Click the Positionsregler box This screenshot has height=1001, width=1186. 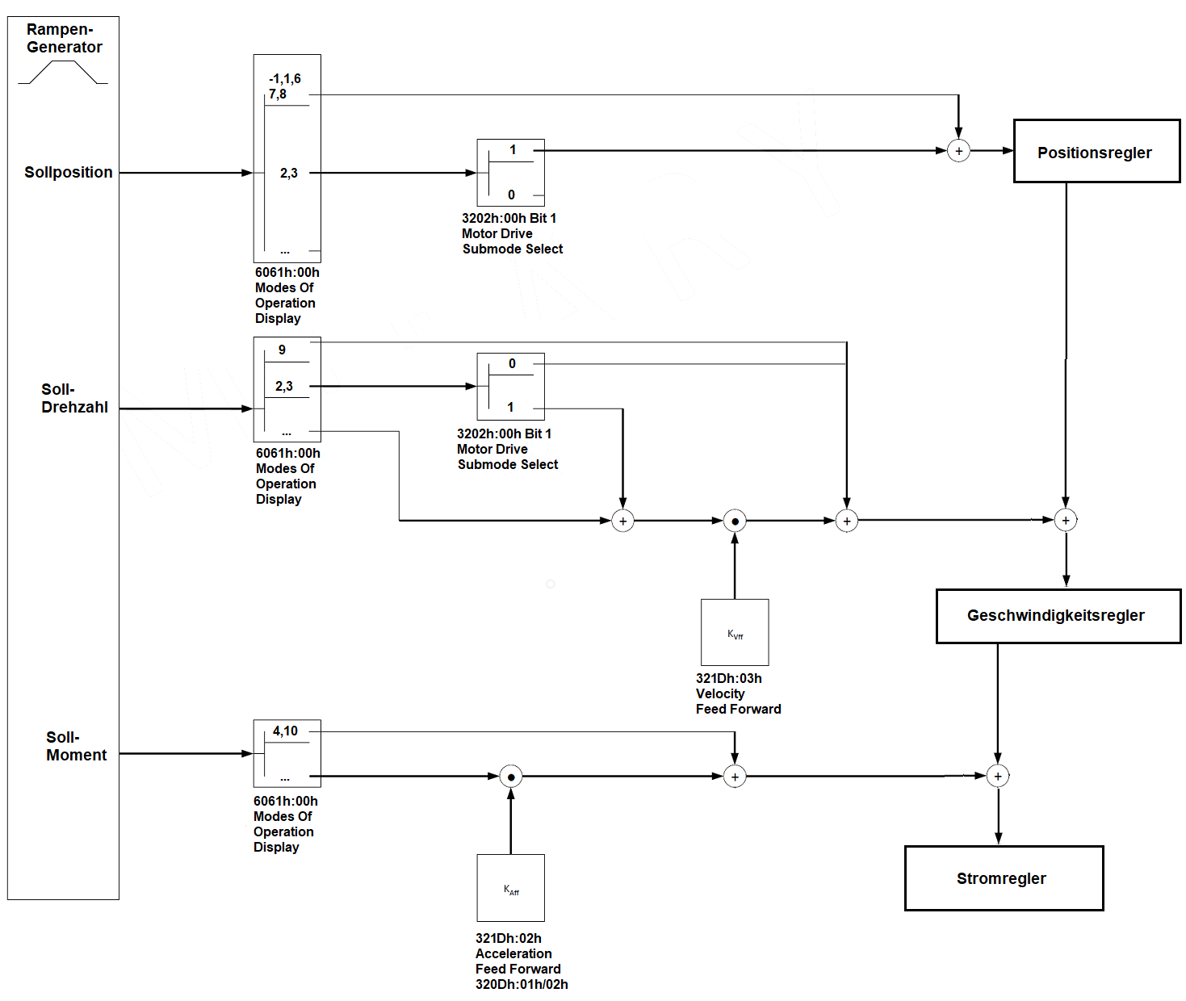1096,152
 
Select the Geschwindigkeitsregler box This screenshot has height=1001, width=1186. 1058,616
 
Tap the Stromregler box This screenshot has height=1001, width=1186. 1004,878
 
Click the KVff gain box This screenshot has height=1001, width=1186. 735,633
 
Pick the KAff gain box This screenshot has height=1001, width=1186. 511,888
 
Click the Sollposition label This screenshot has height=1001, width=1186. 69,172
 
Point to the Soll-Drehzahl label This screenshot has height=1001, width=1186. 73,399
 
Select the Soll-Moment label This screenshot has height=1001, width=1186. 76,746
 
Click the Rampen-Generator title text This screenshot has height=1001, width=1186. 64,38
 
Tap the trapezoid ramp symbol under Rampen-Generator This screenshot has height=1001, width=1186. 63,73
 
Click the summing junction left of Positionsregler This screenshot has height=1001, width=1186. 958,151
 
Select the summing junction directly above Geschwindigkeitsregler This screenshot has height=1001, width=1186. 1066,521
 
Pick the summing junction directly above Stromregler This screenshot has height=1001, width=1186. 998,777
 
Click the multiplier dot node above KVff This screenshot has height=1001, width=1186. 735,521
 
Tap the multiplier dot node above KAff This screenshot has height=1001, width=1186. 511,777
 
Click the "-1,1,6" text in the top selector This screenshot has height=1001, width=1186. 285,78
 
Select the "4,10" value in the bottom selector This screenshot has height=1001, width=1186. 285,731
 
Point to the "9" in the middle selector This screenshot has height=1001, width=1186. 282,350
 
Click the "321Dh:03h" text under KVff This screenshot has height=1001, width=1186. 729,678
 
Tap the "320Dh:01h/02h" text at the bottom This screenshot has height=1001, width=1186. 522,984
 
